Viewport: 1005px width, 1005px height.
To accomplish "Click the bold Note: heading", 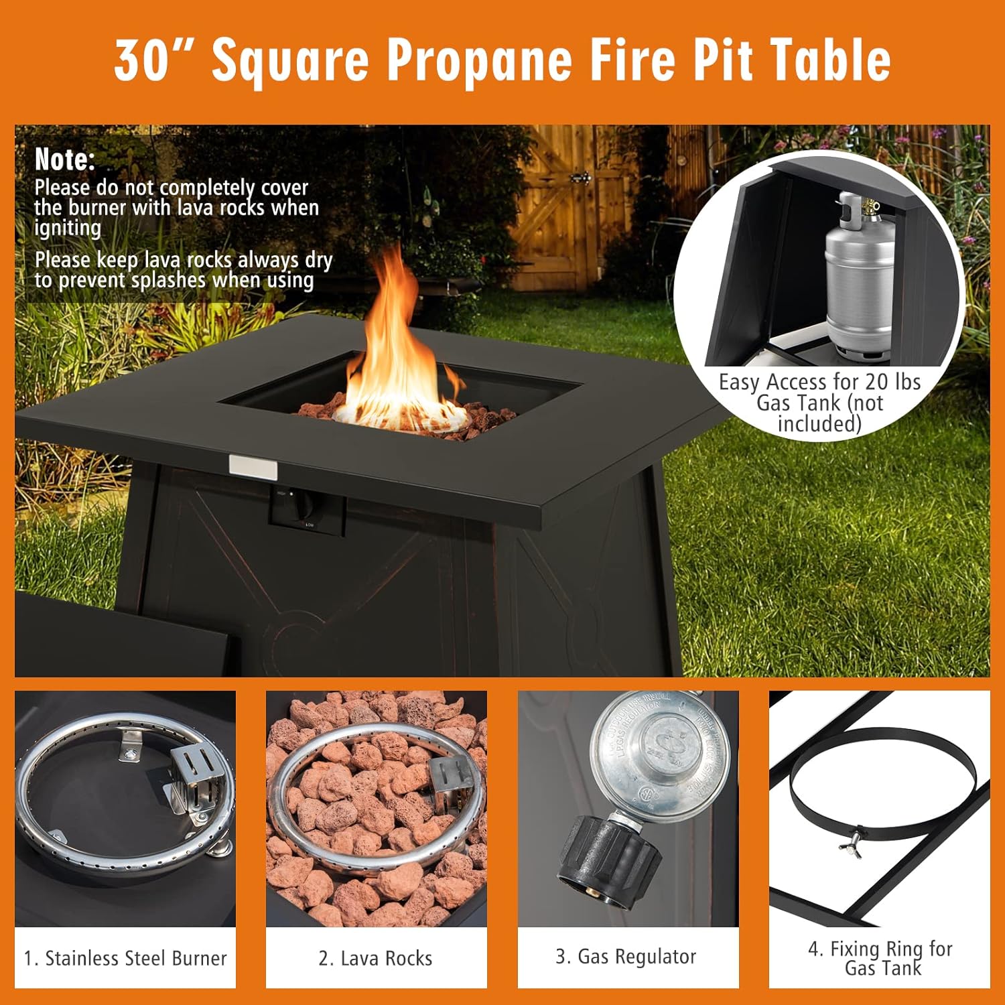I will [x=65, y=159].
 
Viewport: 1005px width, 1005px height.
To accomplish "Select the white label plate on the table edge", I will [x=253, y=467].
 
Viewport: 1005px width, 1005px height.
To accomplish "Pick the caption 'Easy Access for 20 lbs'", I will [x=819, y=382].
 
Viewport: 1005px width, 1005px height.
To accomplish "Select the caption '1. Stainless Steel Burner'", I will [x=125, y=958].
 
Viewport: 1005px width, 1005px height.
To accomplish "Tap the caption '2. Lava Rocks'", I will [x=376, y=958].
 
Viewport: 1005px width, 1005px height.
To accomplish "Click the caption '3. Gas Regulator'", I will [x=626, y=956].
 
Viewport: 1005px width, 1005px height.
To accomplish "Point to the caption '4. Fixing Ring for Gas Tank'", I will [x=880, y=958].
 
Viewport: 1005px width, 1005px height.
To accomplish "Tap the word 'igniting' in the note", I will [x=68, y=228].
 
